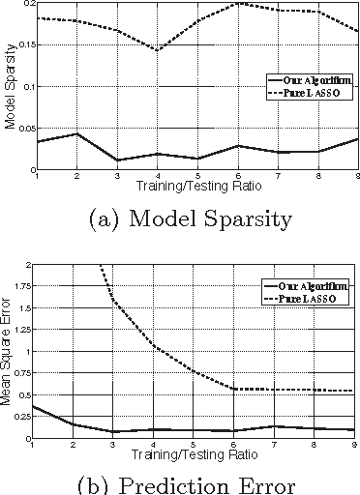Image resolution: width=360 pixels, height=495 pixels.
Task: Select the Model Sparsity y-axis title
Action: point(8,87)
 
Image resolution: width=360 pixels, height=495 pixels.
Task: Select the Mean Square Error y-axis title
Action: point(8,352)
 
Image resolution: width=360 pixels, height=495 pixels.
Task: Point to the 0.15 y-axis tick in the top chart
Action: point(25,44)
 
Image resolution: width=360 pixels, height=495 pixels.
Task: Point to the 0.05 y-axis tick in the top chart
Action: point(25,129)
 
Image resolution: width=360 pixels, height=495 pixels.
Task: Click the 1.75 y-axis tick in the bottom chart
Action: point(24,287)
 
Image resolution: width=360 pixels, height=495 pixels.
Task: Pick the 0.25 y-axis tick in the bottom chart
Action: point(24,420)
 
